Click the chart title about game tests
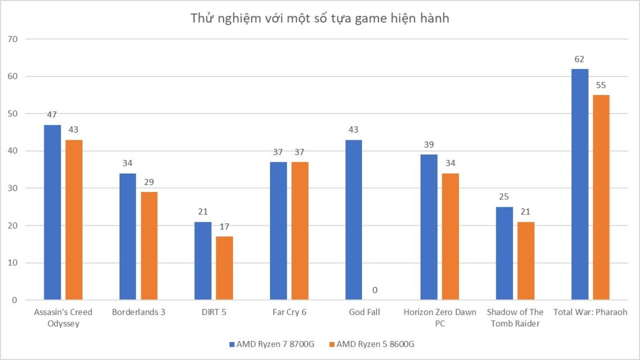click(x=319, y=18)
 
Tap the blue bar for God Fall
click(x=354, y=220)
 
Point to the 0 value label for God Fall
click(x=374, y=290)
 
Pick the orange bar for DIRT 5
click(x=224, y=268)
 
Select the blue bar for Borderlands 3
click(x=127, y=236)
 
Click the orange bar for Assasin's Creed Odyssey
click(x=74, y=220)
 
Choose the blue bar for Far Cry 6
click(x=278, y=231)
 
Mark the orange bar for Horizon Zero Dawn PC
click(x=450, y=236)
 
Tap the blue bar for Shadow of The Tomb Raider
click(x=504, y=253)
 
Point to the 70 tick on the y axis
click(x=12, y=39)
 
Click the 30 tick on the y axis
click(x=12, y=188)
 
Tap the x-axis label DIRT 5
click(x=213, y=312)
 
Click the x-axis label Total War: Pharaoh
click(x=590, y=312)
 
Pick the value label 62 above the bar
click(x=579, y=59)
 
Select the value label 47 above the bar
click(x=52, y=115)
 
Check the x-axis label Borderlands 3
click(x=138, y=312)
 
